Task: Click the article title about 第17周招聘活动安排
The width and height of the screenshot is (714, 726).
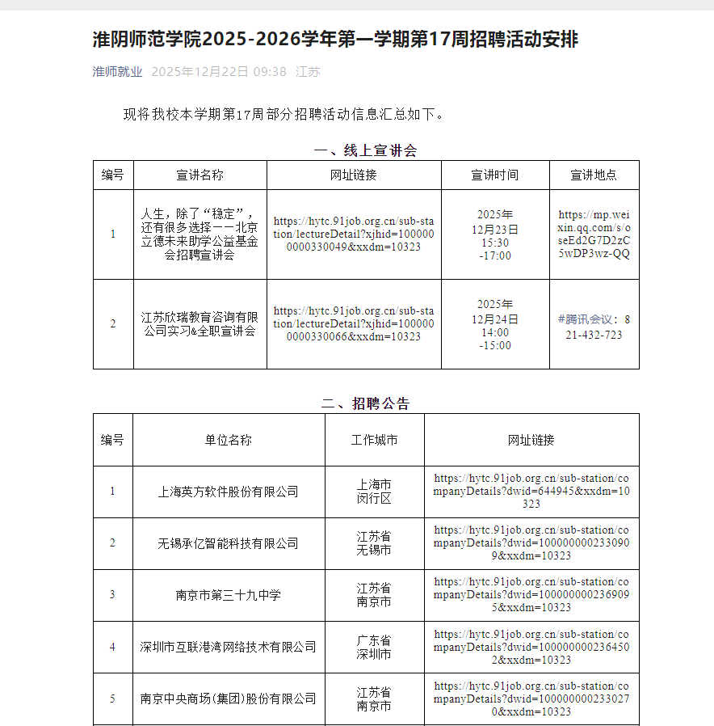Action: click(335, 39)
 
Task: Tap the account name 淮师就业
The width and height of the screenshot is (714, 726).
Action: click(117, 71)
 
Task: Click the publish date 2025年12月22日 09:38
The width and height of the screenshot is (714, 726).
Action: click(219, 71)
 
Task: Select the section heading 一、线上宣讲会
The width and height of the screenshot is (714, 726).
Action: click(365, 150)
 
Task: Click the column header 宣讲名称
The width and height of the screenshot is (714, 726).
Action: click(199, 175)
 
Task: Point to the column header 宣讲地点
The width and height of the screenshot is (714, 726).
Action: click(594, 175)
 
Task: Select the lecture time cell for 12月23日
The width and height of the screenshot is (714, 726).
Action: click(495, 234)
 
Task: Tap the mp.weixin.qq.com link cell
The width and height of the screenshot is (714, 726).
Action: click(594, 234)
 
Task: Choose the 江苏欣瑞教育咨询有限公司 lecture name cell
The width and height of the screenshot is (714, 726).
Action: click(199, 323)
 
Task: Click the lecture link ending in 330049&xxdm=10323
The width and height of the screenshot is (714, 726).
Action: click(354, 234)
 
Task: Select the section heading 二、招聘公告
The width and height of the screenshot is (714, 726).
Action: click(365, 403)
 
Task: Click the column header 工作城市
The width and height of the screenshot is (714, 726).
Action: click(374, 440)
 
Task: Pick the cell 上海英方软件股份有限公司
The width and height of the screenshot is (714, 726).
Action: click(228, 492)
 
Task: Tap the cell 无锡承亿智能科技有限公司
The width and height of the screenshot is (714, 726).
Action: click(228, 543)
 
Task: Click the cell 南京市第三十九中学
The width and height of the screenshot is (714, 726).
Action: click(228, 595)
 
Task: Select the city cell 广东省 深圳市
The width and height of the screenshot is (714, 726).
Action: click(374, 647)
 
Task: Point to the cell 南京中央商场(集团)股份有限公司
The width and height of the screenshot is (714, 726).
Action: click(228, 699)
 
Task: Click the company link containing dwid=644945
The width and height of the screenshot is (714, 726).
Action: click(531, 492)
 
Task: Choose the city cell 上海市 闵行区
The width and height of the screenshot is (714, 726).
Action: click(374, 492)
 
